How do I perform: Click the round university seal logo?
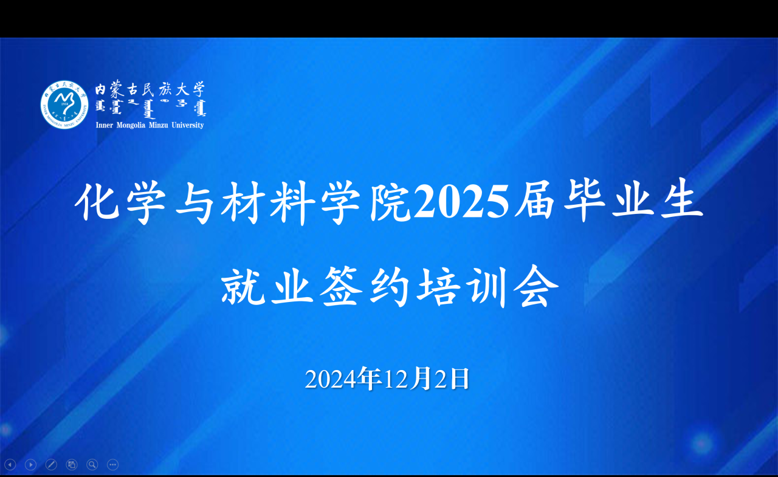(x=64, y=105)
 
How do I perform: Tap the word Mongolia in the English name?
(x=132, y=125)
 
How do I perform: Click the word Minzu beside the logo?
(x=159, y=125)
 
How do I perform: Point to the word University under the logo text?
(x=187, y=125)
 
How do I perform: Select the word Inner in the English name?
(x=105, y=125)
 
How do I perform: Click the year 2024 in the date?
(x=330, y=380)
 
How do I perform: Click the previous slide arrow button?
(x=10, y=465)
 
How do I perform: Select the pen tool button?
(x=51, y=465)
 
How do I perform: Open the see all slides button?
(x=72, y=465)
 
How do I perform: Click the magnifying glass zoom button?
(x=92, y=465)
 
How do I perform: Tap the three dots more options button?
(x=112, y=465)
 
